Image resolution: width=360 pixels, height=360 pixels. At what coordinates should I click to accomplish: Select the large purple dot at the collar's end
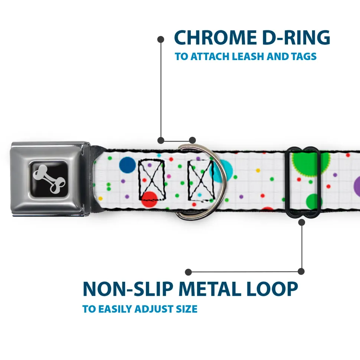(357, 184)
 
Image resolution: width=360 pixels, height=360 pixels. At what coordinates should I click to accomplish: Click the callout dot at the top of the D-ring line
(161, 39)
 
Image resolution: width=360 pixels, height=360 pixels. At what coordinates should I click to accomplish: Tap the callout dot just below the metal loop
(301, 222)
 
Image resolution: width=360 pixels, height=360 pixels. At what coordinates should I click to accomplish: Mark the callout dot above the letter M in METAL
(189, 272)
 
